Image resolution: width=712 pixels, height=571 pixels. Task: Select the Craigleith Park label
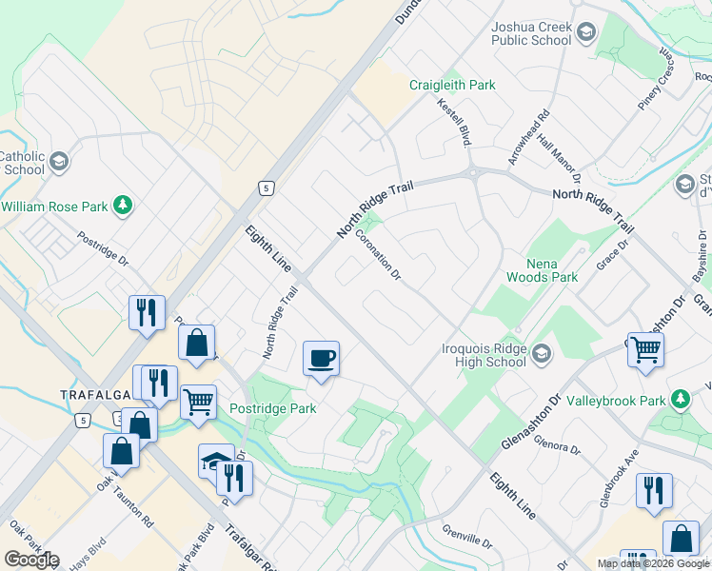452,85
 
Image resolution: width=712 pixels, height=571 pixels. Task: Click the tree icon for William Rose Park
122,205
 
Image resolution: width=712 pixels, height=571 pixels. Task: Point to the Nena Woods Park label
551,270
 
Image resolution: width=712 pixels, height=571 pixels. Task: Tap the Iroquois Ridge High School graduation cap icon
542,354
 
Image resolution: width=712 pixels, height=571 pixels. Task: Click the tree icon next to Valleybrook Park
681,400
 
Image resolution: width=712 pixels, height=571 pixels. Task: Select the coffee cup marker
321,359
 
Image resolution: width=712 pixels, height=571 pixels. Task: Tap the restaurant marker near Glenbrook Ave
654,490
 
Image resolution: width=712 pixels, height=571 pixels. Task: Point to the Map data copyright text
653,563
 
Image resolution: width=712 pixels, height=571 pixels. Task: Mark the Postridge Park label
273,408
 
